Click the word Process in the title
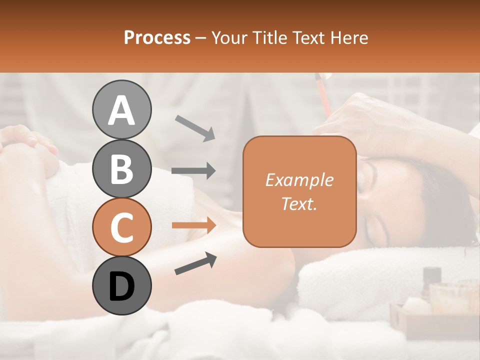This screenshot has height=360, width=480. (157, 38)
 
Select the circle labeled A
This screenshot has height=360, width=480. (122, 110)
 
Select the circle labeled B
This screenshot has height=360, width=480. (122, 168)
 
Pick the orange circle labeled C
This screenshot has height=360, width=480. (122, 227)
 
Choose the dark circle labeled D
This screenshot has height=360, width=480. (122, 285)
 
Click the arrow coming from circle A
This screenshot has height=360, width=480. (195, 127)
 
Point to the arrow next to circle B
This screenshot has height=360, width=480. (193, 171)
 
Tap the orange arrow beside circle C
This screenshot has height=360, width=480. (193, 225)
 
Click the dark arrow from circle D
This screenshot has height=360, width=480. (195, 263)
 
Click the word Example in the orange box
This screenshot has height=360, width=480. (299, 180)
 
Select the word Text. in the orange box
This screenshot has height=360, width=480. (299, 203)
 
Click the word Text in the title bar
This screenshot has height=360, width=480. (307, 38)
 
